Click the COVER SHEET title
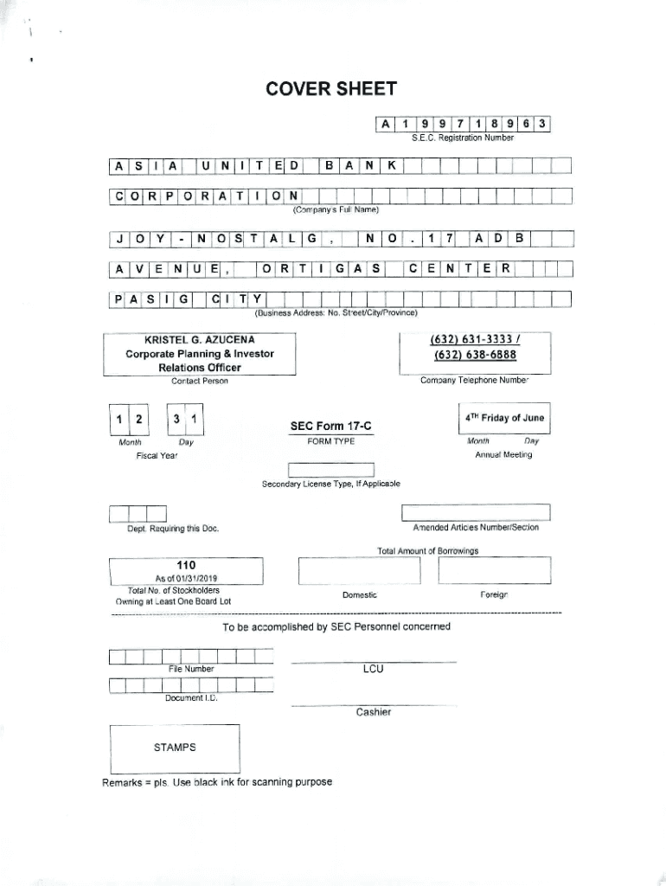point(331,89)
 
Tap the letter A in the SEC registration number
point(385,124)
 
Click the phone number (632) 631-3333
point(474,340)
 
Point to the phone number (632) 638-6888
point(475,355)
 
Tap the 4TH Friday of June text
point(504,418)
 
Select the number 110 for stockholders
point(186,565)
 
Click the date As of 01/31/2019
point(186,579)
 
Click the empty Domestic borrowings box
point(359,572)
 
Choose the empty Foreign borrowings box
point(494,571)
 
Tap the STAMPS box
point(175,747)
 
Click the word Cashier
point(374,712)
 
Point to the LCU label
point(374,669)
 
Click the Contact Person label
point(200,381)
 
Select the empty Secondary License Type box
point(331,470)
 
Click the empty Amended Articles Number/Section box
point(476,513)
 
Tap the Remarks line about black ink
point(217,782)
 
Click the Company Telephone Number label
point(475,381)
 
